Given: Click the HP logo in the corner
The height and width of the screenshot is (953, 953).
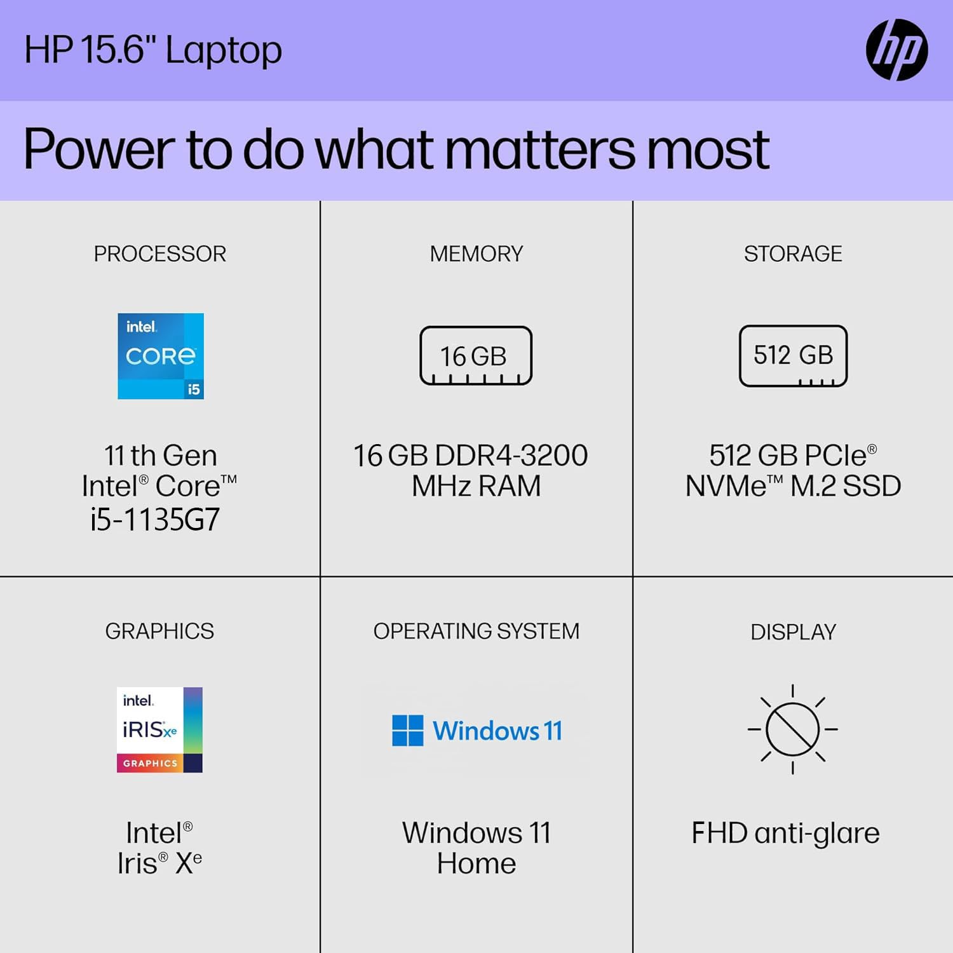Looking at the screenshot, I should click(x=896, y=50).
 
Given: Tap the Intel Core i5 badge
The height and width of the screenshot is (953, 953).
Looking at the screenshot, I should click(x=161, y=356).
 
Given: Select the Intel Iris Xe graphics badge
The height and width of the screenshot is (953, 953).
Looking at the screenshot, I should click(x=159, y=729).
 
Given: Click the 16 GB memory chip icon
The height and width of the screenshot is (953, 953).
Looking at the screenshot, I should click(x=476, y=356).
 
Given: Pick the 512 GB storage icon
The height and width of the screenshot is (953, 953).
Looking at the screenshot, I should click(x=793, y=356).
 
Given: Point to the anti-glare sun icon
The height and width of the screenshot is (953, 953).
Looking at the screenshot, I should click(x=792, y=729).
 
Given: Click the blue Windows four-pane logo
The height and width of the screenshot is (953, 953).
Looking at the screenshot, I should click(x=408, y=731).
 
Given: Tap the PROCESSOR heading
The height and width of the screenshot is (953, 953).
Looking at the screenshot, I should click(x=160, y=254).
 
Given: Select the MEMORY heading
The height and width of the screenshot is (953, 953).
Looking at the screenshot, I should click(x=476, y=254).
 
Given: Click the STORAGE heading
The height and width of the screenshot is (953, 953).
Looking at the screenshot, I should click(x=793, y=254).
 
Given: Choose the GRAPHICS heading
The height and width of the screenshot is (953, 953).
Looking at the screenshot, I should click(x=159, y=631).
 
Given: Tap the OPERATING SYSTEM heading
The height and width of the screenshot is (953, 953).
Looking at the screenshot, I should click(x=476, y=631).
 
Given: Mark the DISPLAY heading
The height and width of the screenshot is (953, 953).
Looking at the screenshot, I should click(x=793, y=632).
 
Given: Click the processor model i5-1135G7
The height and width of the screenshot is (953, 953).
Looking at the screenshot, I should click(x=155, y=520).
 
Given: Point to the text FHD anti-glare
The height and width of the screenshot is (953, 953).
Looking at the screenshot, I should click(x=785, y=833).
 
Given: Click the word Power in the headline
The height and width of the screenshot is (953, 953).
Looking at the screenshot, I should click(x=99, y=150).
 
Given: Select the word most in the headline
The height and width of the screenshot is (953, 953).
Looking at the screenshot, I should click(x=707, y=150).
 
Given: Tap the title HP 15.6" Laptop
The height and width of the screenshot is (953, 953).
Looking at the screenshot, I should click(x=153, y=50).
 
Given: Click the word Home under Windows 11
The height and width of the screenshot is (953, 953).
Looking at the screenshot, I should click(x=476, y=863).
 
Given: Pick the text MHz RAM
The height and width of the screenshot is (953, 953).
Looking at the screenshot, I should click(x=476, y=486).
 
